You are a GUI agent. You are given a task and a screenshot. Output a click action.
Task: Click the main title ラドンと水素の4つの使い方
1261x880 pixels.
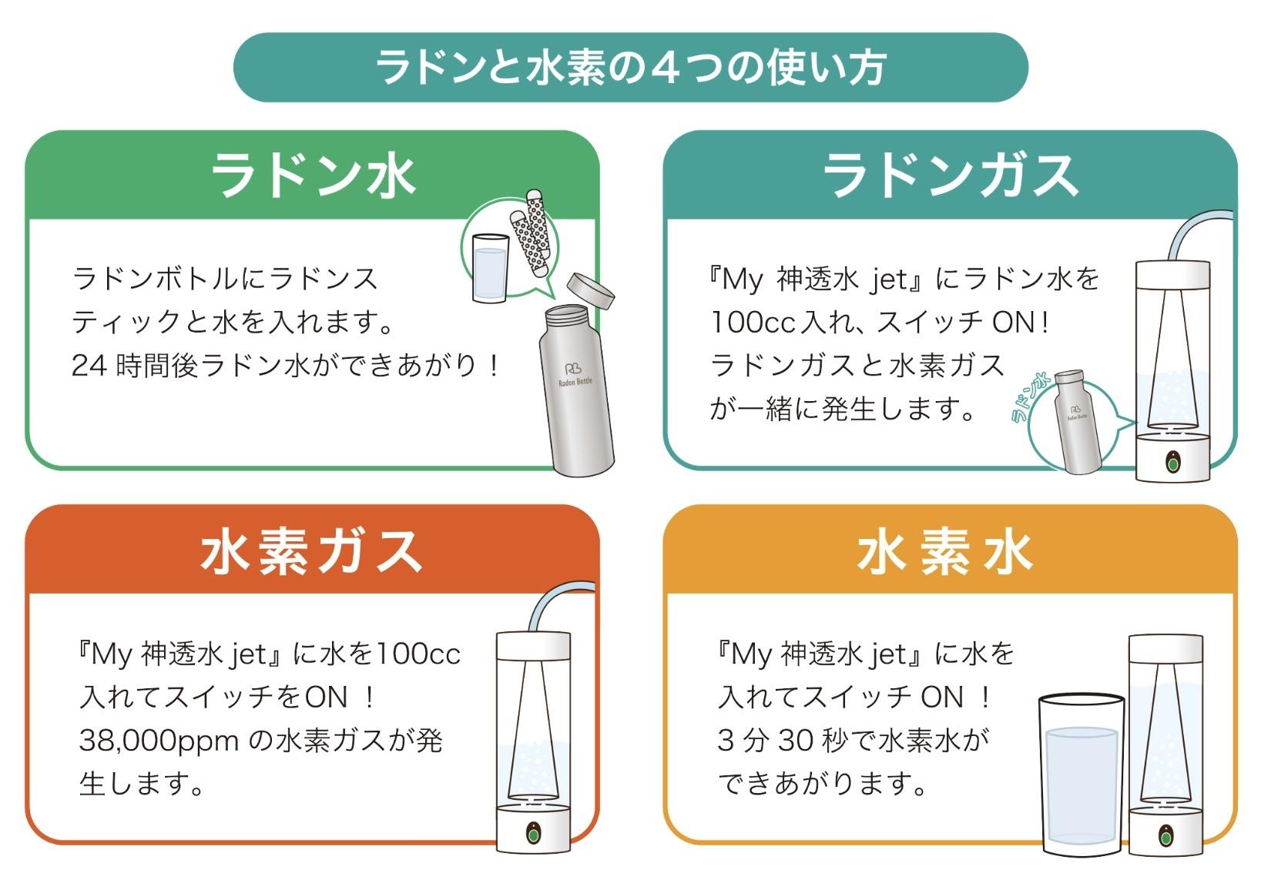coord(630,68)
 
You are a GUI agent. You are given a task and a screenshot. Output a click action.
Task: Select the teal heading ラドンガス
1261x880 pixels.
coord(950,176)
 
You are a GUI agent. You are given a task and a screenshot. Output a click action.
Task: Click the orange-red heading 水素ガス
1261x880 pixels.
coord(313,551)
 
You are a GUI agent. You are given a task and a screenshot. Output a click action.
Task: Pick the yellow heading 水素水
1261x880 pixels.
coord(945,551)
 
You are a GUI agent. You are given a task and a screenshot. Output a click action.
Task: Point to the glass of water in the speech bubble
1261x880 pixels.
coord(489,268)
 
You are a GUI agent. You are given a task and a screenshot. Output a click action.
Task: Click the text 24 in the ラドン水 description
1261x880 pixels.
coord(89,366)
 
